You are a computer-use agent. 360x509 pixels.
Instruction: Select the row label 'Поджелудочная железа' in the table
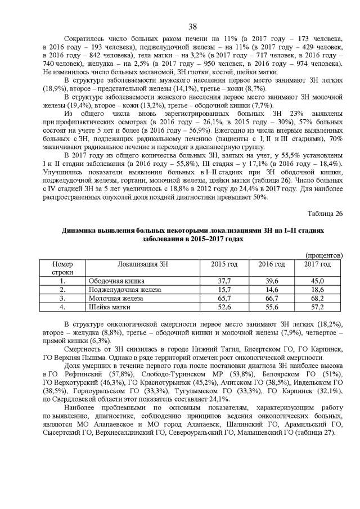coord(125,289)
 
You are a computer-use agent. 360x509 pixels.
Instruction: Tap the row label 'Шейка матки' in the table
coord(110,307)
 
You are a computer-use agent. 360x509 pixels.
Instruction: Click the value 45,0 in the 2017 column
coord(318,281)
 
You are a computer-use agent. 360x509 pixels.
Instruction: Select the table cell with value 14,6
coord(272,289)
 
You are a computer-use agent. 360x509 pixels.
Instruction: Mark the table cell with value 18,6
coord(318,289)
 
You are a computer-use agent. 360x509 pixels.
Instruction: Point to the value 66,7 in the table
coord(272,298)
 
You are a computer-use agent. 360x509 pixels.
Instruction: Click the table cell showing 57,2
coord(318,307)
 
